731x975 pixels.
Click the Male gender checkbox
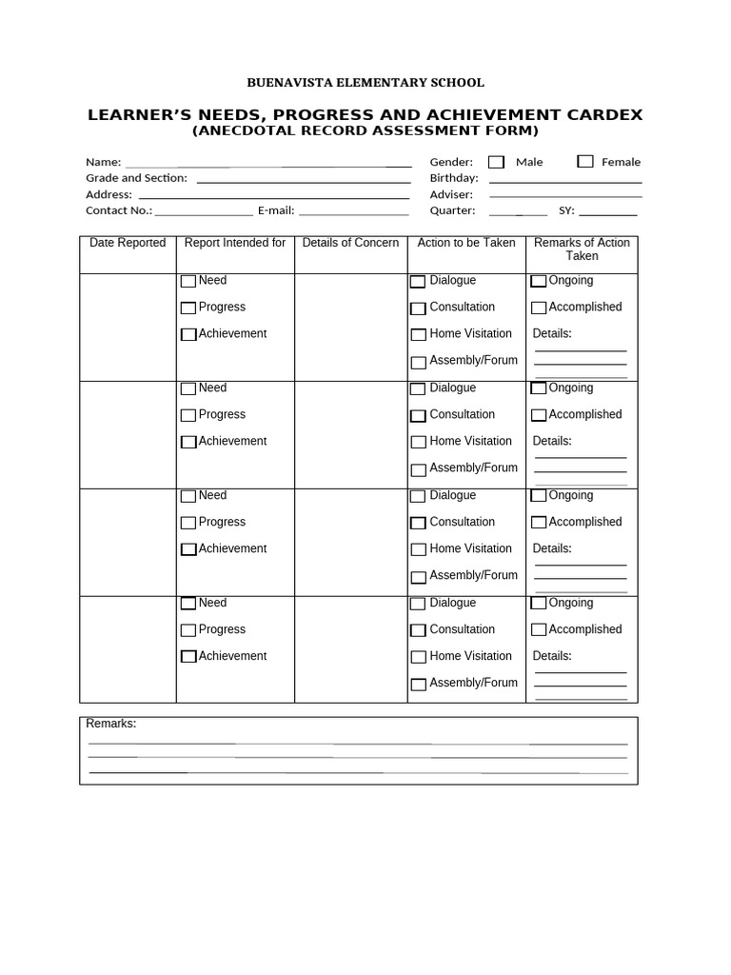click(496, 162)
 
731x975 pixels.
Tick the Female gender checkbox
click(585, 162)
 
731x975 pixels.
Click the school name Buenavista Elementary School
click(365, 83)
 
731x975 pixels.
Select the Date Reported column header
click(128, 243)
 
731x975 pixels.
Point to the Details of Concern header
click(350, 243)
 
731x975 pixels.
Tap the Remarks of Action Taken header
click(582, 249)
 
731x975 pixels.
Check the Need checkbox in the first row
click(188, 281)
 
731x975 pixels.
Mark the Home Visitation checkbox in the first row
click(418, 335)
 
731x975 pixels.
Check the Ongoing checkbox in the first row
click(539, 281)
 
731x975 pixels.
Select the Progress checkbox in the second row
click(188, 415)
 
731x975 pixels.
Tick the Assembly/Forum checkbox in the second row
click(418, 469)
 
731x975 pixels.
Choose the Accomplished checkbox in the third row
click(539, 523)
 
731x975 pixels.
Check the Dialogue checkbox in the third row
click(418, 496)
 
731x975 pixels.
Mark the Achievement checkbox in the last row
click(188, 656)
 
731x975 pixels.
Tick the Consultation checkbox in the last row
click(418, 630)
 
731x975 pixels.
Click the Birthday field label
click(454, 178)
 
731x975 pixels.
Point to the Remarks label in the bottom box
click(111, 724)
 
